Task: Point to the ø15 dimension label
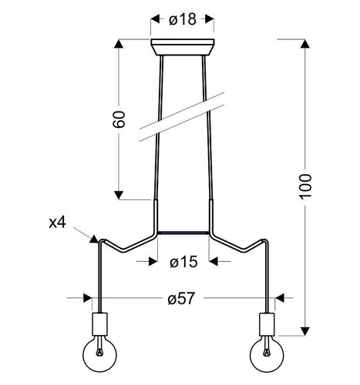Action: coord(183,262)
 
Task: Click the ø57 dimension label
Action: coord(183,297)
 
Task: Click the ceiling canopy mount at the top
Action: coord(183,47)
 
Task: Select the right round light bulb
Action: coord(267,357)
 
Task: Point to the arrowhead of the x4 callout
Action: coord(95,239)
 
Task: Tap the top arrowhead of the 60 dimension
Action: coord(119,44)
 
